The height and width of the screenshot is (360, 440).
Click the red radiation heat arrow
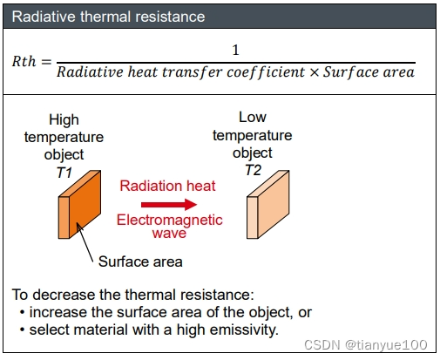(169, 205)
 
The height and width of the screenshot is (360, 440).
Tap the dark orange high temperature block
(79, 205)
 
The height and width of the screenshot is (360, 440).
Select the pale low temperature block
(268, 205)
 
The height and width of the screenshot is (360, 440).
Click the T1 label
(64, 173)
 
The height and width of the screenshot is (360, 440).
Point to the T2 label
(253, 170)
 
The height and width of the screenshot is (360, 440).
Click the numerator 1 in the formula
(235, 50)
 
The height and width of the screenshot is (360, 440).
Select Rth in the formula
(24, 61)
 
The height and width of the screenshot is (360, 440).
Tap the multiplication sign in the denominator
(314, 72)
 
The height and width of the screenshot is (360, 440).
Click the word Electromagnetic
(170, 220)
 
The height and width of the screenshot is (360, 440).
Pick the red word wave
(169, 233)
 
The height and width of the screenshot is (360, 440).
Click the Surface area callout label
(140, 262)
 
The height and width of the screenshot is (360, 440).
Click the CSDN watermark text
(366, 345)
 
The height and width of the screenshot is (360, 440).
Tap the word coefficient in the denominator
(266, 72)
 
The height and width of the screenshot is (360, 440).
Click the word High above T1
(64, 119)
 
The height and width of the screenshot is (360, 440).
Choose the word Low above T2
(253, 118)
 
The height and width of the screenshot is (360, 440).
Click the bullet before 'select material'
(22, 330)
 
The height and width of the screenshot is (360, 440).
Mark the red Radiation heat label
(167, 186)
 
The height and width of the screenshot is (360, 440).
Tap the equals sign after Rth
(46, 62)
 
